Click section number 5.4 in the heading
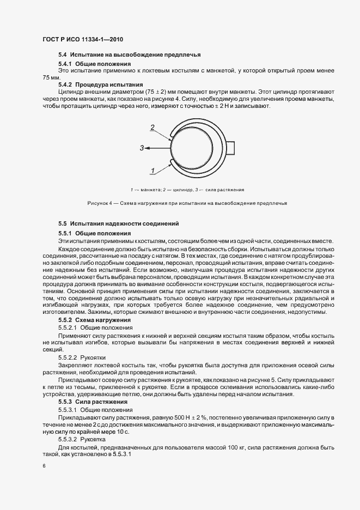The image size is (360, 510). (62, 54)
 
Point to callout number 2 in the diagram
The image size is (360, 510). (153, 127)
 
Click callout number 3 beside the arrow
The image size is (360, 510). (142, 148)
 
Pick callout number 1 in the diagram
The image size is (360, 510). (154, 171)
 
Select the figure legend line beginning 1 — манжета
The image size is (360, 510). (187, 190)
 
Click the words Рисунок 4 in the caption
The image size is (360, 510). (99, 203)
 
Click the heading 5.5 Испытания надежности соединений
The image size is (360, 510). (118, 224)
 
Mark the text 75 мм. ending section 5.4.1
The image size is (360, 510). (50, 77)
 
